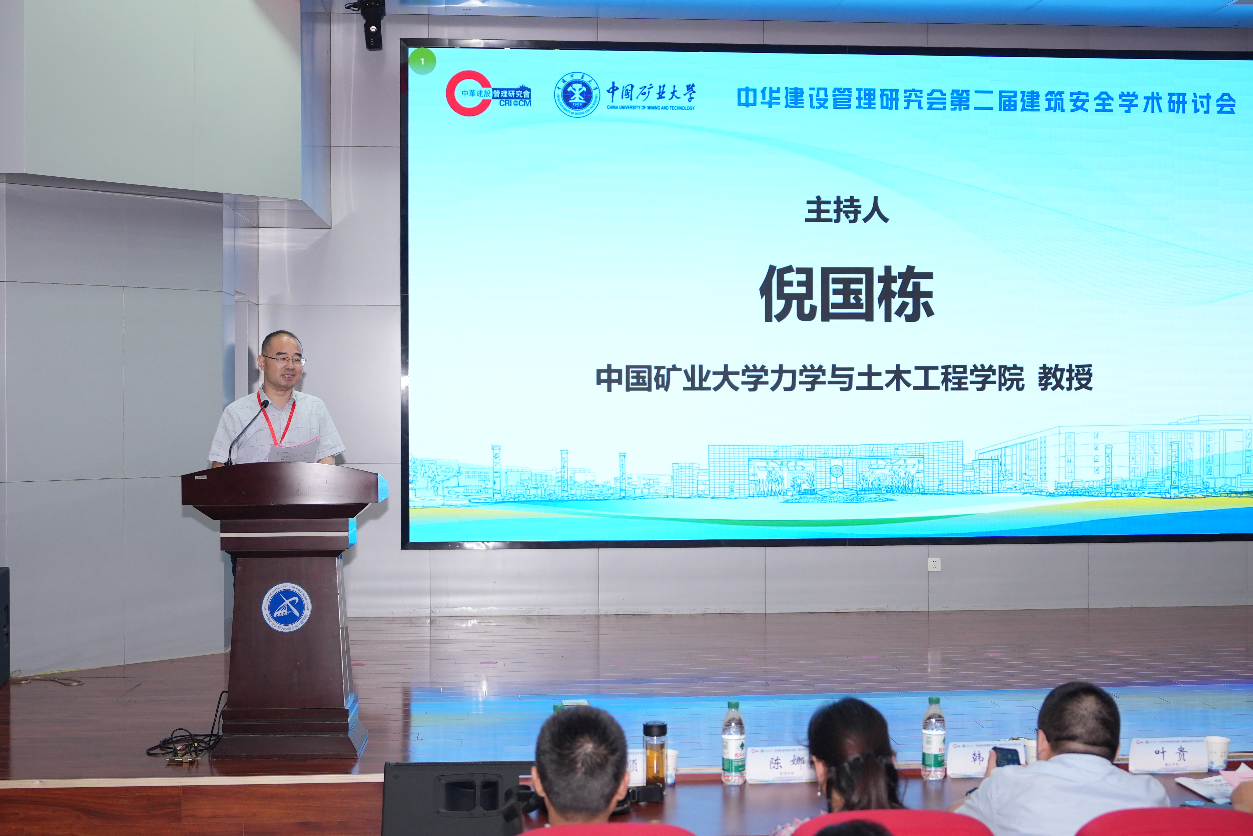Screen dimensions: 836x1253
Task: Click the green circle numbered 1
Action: (423, 61)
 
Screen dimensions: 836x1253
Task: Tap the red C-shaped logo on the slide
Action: (468, 93)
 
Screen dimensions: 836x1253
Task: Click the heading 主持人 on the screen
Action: (846, 210)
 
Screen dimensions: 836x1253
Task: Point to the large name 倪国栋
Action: (846, 294)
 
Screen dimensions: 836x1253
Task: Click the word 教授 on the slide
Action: (1065, 378)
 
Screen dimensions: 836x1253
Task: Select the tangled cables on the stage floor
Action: (184, 742)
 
